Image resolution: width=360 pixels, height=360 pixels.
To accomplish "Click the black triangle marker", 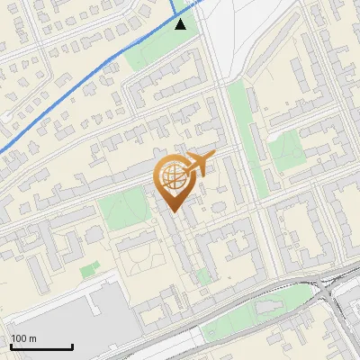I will coord(181,24).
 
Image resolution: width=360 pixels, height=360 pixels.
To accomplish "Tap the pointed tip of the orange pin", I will coord(172,211).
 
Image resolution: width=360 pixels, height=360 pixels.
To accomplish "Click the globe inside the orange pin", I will coord(172,177).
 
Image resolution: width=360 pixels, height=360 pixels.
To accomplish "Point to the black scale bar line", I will coord(41,346).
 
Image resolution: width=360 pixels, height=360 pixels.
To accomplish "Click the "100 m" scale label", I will coord(24,337).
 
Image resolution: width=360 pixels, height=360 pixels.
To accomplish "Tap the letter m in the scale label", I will coord(33,337).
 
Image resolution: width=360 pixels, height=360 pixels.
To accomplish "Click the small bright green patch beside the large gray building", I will coord(88,269).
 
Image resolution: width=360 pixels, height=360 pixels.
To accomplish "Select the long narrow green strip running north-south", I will coord(240,135).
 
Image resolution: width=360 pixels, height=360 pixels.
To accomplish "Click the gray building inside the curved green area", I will coord(268,309).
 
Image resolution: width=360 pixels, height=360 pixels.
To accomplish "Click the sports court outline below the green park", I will coord(142,261).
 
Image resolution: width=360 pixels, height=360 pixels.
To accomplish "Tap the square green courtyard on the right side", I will coord(288,148).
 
